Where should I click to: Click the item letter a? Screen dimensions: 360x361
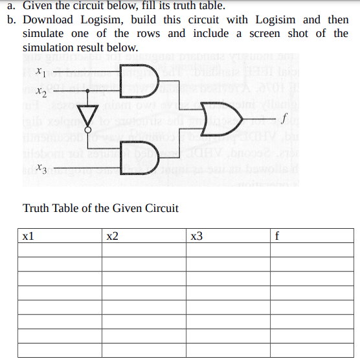[x=11, y=6]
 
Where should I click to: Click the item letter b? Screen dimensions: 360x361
[x=11, y=19]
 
